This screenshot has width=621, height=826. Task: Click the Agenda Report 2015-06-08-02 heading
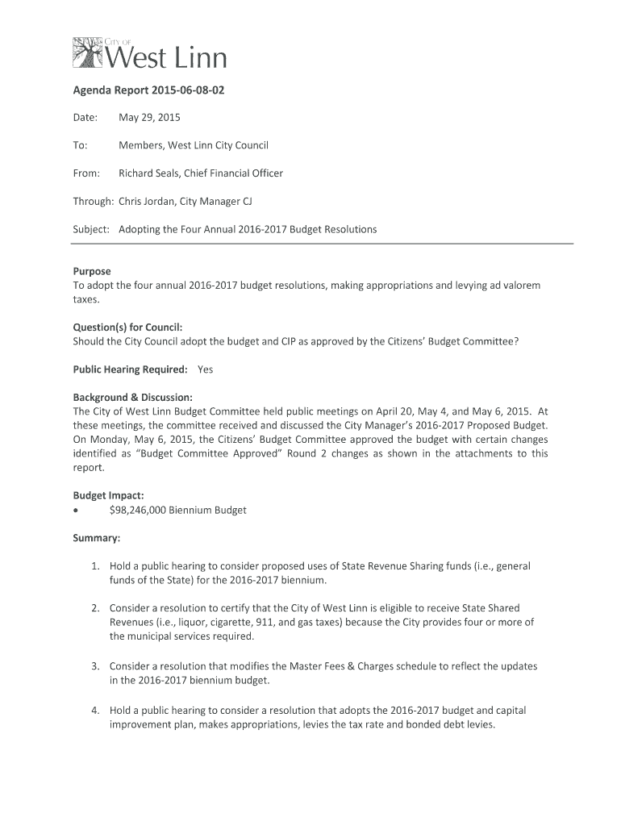[148, 91]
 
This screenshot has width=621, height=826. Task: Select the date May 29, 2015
[149, 118]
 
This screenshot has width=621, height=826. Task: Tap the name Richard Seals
[149, 173]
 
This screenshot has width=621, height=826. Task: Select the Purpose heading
[92, 272]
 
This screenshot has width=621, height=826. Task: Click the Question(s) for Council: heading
[127, 327]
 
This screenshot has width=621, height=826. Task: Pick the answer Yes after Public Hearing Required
[206, 369]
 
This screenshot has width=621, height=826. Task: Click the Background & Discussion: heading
[132, 398]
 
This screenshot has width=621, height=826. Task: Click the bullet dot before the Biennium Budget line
[77, 511]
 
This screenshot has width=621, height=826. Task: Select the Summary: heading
[97, 538]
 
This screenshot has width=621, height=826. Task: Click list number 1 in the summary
[95, 566]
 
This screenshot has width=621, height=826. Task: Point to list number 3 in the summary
[95, 666]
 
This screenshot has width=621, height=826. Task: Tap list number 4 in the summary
[95, 710]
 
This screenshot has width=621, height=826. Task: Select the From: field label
[86, 173]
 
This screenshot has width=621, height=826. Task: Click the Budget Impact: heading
[108, 496]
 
